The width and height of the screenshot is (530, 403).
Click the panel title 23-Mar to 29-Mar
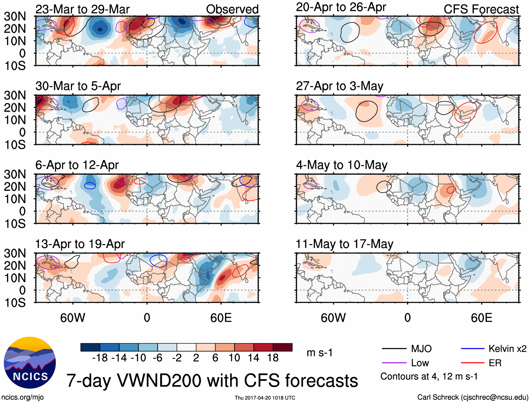pyautogui.click(x=82, y=9)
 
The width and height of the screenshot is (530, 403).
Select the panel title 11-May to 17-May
pyautogui.click(x=344, y=244)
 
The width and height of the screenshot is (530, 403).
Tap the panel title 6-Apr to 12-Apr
pyautogui.click(x=77, y=165)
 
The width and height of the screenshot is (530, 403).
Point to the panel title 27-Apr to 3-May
pyautogui.click(x=339, y=86)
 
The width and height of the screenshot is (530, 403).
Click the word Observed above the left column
pyautogui.click(x=232, y=9)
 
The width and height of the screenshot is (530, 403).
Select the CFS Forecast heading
pyautogui.click(x=481, y=9)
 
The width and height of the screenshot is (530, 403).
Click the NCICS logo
pyautogui.click(x=30, y=363)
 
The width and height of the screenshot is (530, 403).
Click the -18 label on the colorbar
pyautogui.click(x=100, y=358)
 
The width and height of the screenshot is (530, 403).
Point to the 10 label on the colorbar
pyautogui.click(x=234, y=358)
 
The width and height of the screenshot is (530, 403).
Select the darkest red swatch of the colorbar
pyautogui.click(x=283, y=347)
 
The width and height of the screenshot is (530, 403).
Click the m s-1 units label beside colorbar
pyautogui.click(x=319, y=353)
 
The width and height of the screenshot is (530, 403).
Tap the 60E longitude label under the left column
pyautogui.click(x=221, y=318)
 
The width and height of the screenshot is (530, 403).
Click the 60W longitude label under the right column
pyautogui.click(x=333, y=318)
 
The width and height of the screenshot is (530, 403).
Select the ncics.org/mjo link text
pyautogui.click(x=22, y=397)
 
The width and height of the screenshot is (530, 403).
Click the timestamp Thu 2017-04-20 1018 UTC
pyautogui.click(x=265, y=398)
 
